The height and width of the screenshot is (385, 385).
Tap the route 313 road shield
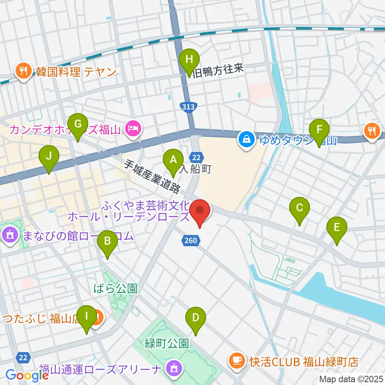point(187,107)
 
